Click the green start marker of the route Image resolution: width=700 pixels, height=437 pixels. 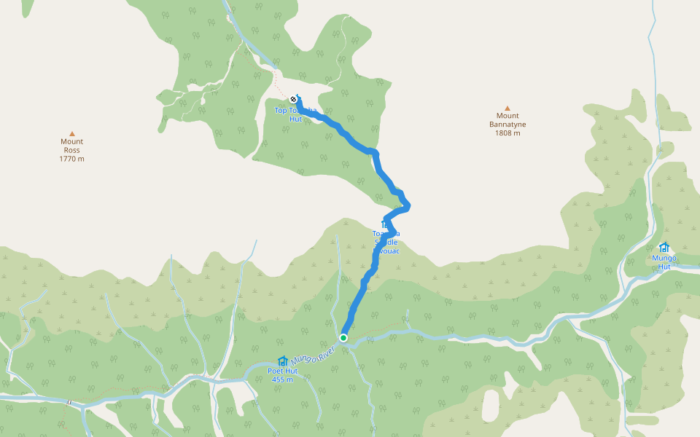click(343, 338)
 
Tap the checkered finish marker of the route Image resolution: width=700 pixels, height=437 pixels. click(292, 99)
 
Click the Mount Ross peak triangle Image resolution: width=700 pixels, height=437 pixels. click(72, 133)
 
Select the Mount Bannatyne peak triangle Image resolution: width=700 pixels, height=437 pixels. click(507, 108)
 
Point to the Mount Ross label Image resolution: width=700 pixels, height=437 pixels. click(72, 146)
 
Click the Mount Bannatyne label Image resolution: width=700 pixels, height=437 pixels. click(507, 120)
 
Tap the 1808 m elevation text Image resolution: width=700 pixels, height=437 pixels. click(507, 133)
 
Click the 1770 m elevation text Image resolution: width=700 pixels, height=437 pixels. click(72, 159)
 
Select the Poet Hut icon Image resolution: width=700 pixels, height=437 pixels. click(282, 361)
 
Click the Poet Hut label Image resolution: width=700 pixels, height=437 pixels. click(282, 371)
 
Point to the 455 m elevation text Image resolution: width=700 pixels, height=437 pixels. click(282, 379)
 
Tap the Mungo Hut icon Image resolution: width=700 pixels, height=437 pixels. click(664, 247)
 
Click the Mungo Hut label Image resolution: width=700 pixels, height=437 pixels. click(664, 262)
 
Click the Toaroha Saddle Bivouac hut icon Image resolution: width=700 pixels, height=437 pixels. click(385, 224)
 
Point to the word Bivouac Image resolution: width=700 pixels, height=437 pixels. click(386, 251)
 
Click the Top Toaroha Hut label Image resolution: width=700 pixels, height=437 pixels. click(295, 114)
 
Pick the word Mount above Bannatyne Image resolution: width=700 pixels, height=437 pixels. click(507, 116)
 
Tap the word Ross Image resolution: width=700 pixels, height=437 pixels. click(72, 150)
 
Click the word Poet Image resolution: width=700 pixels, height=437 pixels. click(274, 371)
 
